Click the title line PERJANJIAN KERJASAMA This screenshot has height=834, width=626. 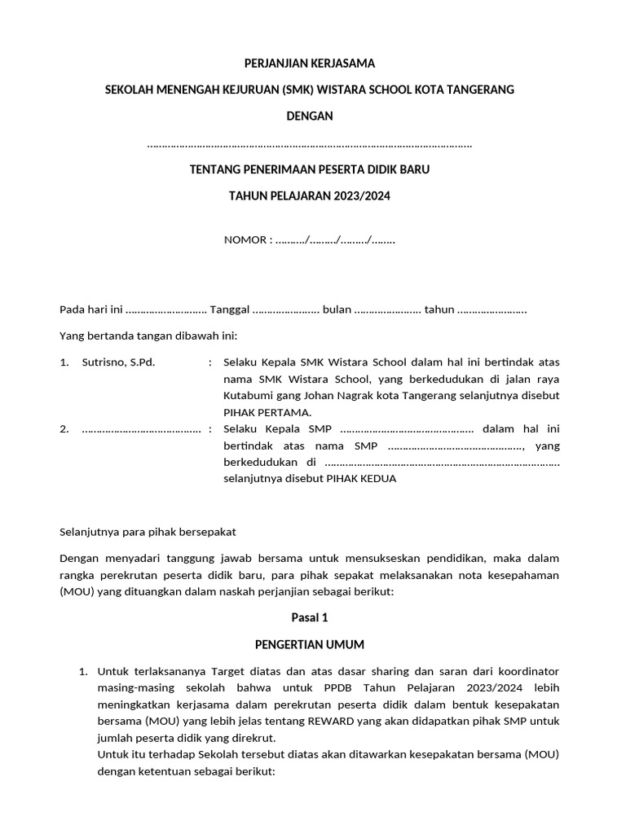[310, 64]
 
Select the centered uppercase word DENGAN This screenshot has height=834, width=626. [310, 116]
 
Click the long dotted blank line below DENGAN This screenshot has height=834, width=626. [310, 145]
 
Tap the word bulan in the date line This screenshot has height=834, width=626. [337, 309]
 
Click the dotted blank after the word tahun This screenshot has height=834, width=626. [492, 310]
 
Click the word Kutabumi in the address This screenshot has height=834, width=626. [247, 395]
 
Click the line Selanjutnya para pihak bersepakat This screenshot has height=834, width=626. [148, 532]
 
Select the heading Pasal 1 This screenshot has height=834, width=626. [310, 618]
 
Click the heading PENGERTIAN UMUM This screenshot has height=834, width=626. [309, 644]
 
